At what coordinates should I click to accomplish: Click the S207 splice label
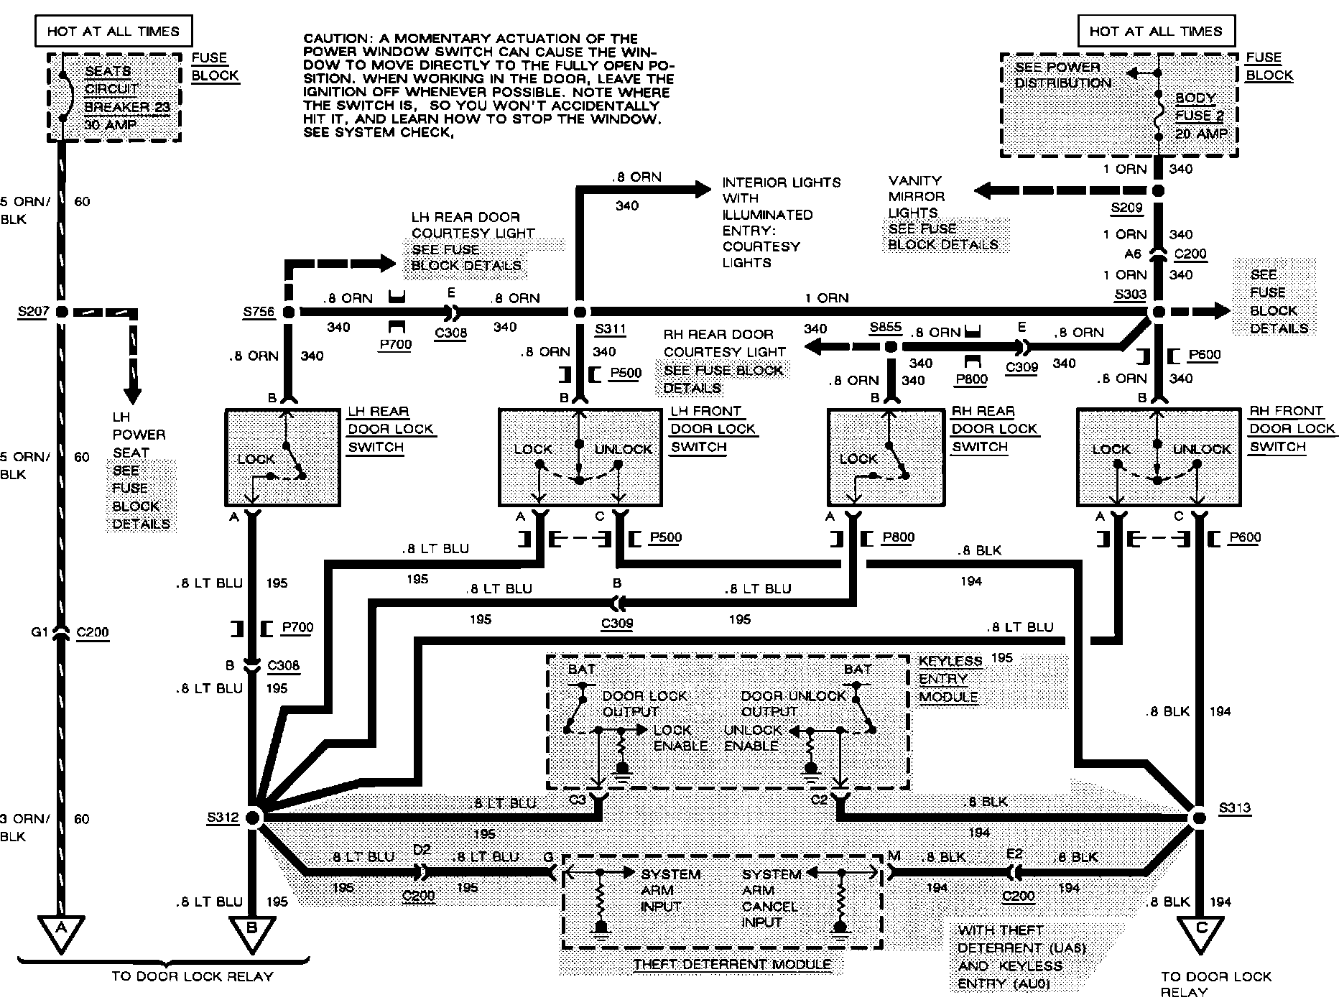33,312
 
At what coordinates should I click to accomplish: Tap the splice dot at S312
253,817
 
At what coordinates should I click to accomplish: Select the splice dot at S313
1197,817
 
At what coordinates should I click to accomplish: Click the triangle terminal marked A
61,932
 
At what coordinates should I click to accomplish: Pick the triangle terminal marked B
251,932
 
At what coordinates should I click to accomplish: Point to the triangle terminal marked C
1201,932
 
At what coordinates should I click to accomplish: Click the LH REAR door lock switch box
282,458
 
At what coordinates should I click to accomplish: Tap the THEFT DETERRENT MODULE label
731,965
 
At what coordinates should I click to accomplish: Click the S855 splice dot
891,347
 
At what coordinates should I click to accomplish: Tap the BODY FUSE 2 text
1200,115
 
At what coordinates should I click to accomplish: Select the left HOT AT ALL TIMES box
113,31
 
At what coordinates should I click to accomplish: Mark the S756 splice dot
289,312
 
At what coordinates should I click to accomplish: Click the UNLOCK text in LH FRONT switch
622,449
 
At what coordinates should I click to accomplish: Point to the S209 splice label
1126,209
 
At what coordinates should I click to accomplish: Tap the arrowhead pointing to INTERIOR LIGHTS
700,190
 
